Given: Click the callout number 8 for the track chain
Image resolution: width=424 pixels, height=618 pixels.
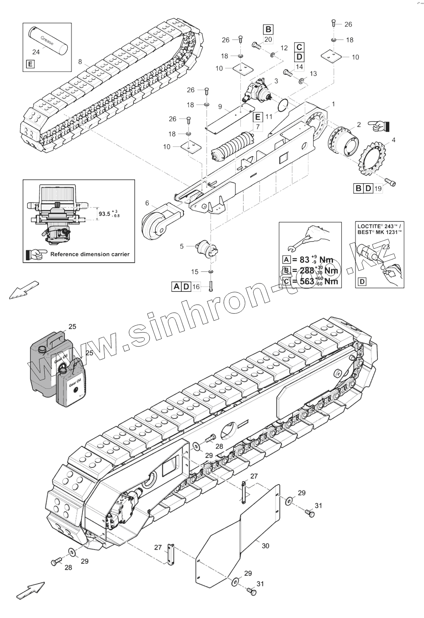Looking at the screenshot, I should coord(81,61).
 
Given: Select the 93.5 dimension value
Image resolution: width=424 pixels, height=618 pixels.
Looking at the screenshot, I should coord(105,214).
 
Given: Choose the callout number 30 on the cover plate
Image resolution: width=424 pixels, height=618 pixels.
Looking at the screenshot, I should coord(265,546).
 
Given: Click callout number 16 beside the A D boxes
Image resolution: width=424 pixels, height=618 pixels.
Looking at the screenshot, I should coord(196,286).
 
